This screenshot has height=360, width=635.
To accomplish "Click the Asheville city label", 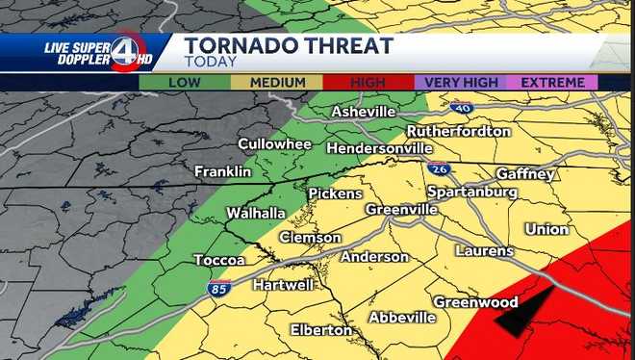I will point(364,113).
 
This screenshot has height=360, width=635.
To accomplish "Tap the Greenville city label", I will point(402,210).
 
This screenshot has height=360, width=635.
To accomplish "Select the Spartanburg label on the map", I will point(471,192).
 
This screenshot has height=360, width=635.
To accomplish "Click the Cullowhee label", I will point(275,144).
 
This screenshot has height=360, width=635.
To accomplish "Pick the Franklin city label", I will point(222,171).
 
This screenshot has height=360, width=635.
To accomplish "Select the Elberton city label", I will point(321,330).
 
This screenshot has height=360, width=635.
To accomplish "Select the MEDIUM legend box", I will point(277,83).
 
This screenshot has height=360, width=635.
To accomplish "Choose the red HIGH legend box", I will point(368,83).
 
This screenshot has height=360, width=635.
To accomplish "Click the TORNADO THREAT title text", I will point(289,45).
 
